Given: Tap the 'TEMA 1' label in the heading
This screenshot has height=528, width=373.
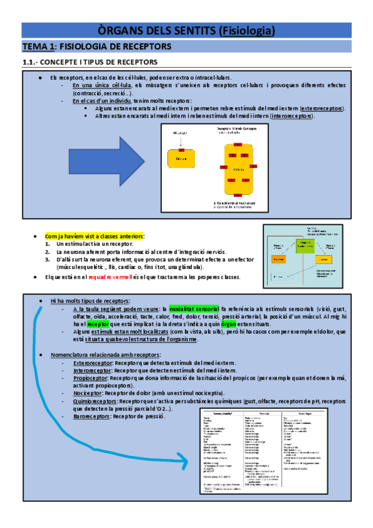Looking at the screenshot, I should (40, 47).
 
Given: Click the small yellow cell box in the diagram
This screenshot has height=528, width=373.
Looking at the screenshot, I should (181, 158).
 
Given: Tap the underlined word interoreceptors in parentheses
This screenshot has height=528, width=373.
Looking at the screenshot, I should (293, 116).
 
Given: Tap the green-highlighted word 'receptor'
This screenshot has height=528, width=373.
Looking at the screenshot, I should (98, 324).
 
